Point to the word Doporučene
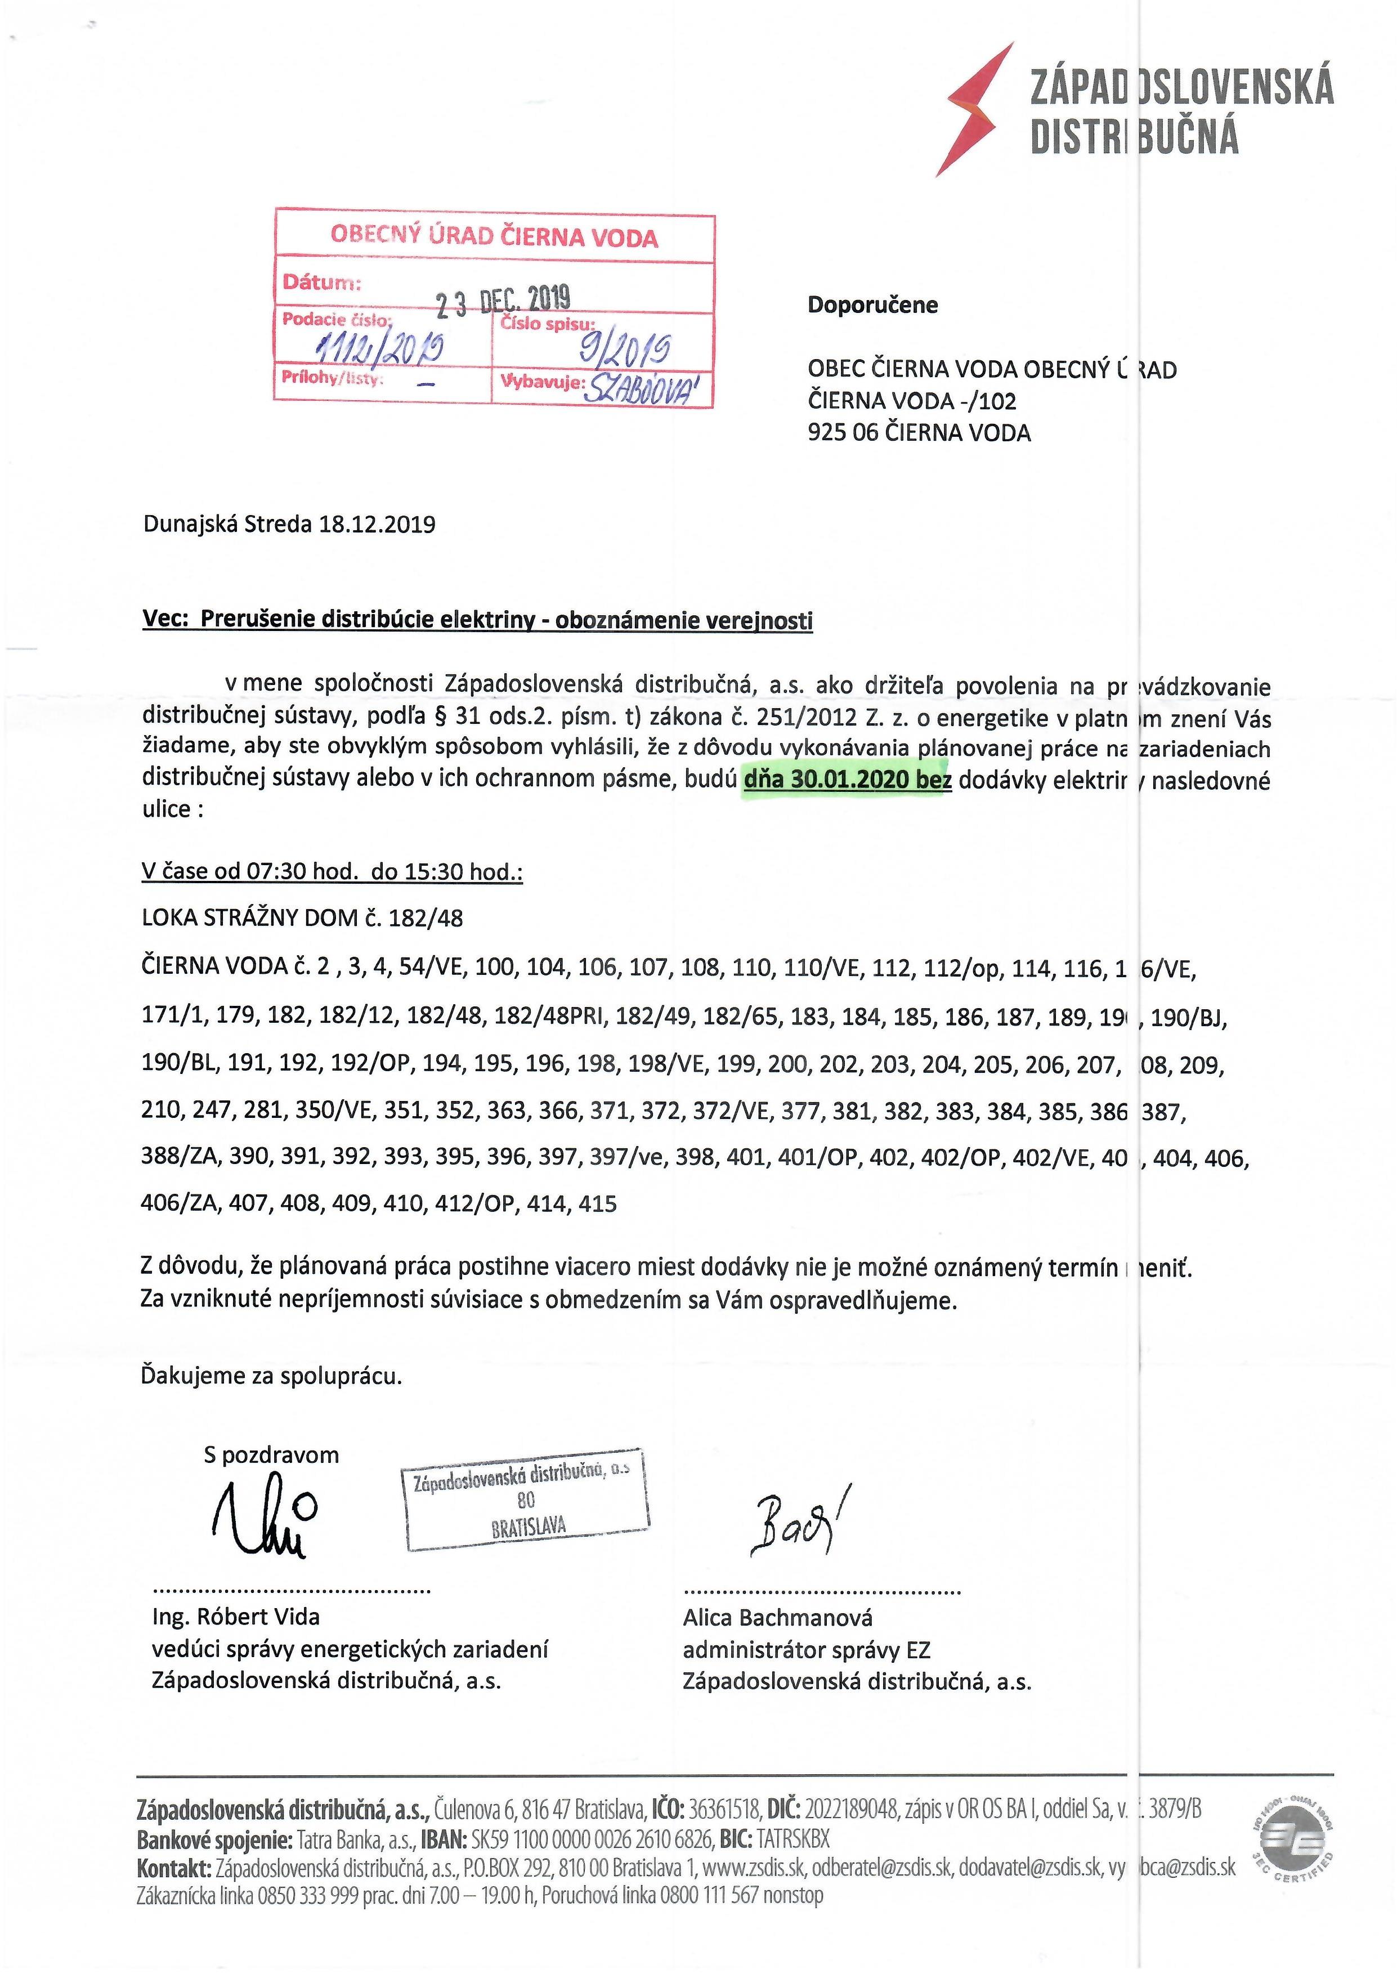pos(872,305)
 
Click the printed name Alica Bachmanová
pos(778,1618)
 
